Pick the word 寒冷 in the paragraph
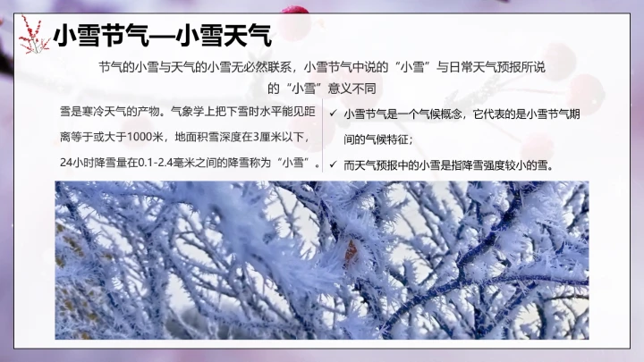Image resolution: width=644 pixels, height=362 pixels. (x=93, y=113)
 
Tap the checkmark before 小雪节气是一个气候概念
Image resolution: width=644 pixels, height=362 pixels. (x=333, y=114)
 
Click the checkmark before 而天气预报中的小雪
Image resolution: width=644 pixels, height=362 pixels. (x=333, y=164)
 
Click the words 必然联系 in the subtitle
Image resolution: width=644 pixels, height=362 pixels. (x=272, y=67)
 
